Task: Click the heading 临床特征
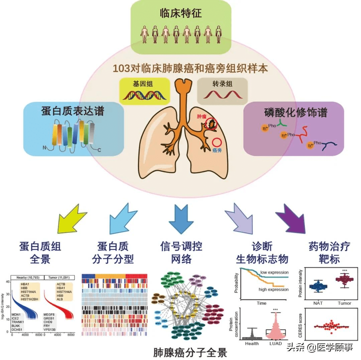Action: click(x=180, y=14)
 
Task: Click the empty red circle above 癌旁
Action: click(x=218, y=142)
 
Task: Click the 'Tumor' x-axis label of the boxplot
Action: click(x=344, y=303)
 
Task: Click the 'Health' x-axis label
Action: click(x=252, y=344)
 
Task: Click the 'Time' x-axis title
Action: click(x=261, y=303)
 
